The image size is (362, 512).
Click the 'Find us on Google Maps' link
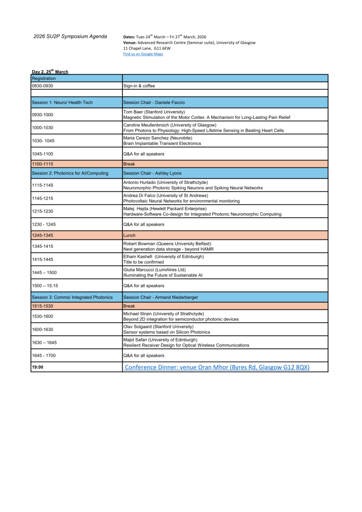tap(143, 54)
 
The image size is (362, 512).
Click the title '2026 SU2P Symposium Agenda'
tap(70, 37)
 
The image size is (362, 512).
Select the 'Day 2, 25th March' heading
tap(50, 72)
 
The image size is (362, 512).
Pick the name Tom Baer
tap(133, 112)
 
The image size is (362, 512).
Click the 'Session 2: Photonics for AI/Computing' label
tap(70, 173)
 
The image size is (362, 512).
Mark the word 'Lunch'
tap(129, 236)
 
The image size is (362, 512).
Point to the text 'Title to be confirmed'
tap(143, 262)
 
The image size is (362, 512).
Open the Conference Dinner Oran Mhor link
tap(217, 367)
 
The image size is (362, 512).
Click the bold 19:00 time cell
tap(37, 367)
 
